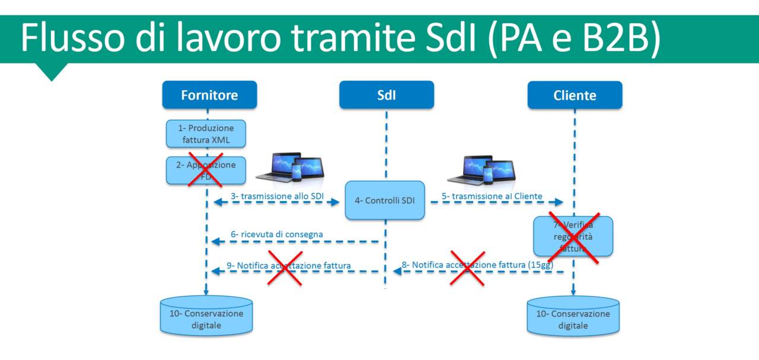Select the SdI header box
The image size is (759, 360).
[386, 95]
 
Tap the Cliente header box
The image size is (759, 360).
[575, 95]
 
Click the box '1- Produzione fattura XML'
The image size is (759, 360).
[205, 133]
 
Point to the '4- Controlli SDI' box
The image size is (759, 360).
[385, 200]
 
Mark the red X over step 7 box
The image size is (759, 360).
[573, 237]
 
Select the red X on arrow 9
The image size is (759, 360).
[285, 267]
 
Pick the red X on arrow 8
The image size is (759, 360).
[467, 267]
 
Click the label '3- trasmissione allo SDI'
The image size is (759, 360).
[278, 196]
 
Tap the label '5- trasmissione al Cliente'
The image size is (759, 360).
[492, 196]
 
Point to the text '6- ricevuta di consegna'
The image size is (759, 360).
[277, 234]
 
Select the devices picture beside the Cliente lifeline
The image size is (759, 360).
[481, 171]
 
